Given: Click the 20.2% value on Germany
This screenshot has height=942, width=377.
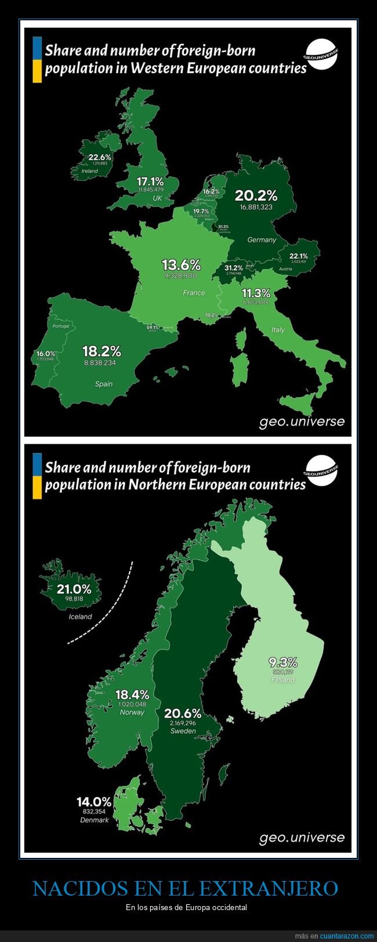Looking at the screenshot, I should pyautogui.click(x=256, y=195).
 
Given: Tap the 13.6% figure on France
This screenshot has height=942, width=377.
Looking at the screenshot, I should pyautogui.click(x=181, y=265).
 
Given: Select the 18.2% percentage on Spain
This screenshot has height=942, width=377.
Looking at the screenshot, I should pyautogui.click(x=101, y=351).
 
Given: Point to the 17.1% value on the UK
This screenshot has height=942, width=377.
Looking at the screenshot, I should pyautogui.click(x=150, y=182).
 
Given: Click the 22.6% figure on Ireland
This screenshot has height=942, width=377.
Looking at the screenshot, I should pyautogui.click(x=100, y=157).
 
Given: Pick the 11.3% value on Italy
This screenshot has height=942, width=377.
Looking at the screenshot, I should pyautogui.click(x=256, y=293).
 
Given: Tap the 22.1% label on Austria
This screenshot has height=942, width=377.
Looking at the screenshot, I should pyautogui.click(x=299, y=256).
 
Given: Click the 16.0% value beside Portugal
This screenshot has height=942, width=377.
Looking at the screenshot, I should pyautogui.click(x=46, y=353).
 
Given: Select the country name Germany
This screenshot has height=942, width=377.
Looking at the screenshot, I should pyautogui.click(x=262, y=240).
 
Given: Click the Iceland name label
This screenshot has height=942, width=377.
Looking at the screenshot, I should pyautogui.click(x=80, y=617).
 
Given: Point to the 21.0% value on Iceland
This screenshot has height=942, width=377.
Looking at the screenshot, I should pyautogui.click(x=74, y=590).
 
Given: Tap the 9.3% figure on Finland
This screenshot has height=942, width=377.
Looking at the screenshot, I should pyautogui.click(x=282, y=662).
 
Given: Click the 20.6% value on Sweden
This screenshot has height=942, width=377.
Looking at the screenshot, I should pyautogui.click(x=183, y=713).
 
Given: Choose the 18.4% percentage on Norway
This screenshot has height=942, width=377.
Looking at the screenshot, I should pyautogui.click(x=132, y=694).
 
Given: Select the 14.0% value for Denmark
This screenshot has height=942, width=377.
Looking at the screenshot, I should pyautogui.click(x=94, y=802).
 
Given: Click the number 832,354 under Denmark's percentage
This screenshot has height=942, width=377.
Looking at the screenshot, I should pyautogui.click(x=94, y=811).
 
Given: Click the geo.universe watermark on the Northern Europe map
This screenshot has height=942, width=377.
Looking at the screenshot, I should pyautogui.click(x=302, y=838).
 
